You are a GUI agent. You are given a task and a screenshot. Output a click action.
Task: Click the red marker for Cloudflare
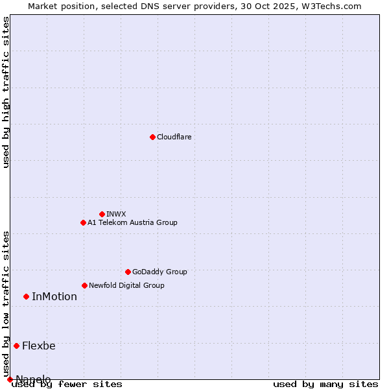click(152, 137)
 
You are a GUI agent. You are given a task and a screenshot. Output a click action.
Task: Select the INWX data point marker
click(102, 214)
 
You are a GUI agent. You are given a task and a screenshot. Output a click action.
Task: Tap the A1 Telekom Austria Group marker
click(83, 222)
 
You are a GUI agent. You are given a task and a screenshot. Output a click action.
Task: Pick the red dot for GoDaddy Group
click(128, 272)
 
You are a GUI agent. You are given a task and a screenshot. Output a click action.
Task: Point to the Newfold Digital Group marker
click(84, 285)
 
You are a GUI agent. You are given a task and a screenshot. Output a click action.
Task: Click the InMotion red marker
click(26, 296)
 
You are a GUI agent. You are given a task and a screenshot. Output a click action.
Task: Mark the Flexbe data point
click(16, 346)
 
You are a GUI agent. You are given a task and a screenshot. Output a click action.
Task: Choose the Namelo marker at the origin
click(10, 379)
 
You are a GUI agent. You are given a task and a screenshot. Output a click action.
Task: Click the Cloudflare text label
click(174, 137)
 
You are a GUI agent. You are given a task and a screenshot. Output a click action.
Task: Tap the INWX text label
click(116, 214)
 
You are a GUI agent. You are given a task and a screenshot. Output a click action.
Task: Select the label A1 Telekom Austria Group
click(132, 222)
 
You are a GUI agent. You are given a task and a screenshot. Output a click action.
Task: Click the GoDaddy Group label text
click(159, 272)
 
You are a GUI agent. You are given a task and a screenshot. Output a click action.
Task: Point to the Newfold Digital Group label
click(126, 285)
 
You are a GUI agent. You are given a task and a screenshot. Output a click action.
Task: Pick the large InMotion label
click(54, 296)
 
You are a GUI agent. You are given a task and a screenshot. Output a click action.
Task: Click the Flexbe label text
click(39, 346)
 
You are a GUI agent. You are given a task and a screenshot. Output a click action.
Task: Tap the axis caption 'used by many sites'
click(325, 384)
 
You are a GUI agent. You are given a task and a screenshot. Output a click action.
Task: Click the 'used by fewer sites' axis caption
click(67, 384)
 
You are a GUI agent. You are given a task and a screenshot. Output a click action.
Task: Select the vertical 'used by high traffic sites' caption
click(6, 92)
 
